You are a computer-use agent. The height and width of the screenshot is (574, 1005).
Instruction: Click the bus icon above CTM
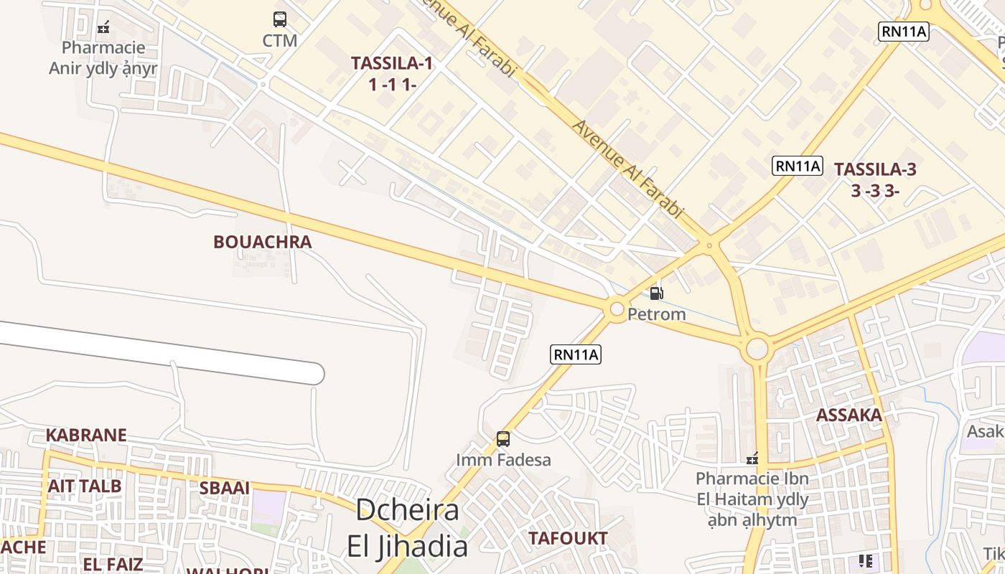coord(280,19)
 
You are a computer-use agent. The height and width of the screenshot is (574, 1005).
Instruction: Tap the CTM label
coord(280,41)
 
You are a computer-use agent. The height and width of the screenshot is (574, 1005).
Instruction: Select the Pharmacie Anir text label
coord(103,58)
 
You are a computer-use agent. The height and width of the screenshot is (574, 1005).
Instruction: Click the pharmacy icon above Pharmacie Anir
coord(103,28)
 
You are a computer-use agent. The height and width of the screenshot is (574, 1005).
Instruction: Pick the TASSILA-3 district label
coord(875,179)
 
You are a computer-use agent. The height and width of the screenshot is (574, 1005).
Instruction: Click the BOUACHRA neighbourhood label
coord(262,242)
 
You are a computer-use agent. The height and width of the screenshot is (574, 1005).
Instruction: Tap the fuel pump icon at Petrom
coord(656,293)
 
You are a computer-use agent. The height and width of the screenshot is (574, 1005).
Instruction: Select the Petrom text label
coord(656,314)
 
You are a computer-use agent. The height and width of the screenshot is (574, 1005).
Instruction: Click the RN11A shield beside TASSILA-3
coord(797,166)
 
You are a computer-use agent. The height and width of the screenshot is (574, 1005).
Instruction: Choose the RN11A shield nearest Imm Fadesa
coord(576,354)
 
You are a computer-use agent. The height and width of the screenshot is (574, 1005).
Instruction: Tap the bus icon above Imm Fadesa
coord(503,438)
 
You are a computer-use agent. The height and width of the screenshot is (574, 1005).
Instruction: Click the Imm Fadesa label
coord(503,460)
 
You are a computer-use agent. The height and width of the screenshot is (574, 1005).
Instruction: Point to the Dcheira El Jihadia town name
coord(408,528)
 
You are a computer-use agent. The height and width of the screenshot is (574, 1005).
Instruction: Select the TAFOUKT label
coord(568,538)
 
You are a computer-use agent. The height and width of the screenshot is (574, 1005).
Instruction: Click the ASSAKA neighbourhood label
coord(849,415)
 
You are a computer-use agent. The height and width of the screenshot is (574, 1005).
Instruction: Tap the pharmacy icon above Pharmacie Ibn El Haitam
coord(752,458)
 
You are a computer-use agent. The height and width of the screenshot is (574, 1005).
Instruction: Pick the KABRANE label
coord(86,435)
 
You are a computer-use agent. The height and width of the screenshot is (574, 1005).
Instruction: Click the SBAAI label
coord(225,488)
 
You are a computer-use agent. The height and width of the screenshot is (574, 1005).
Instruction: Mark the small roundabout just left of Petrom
coord(617,310)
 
